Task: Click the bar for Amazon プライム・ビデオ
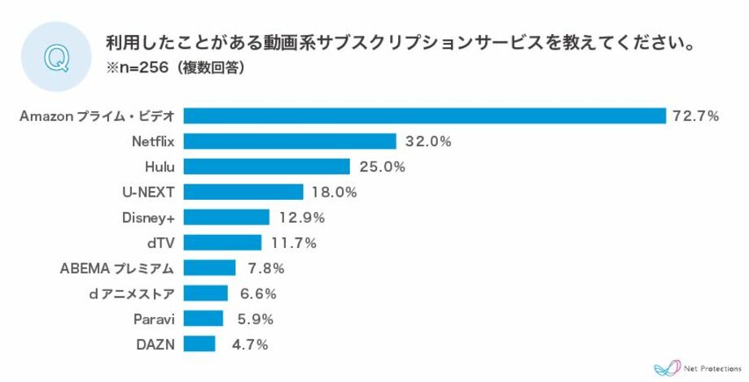(x=424, y=115)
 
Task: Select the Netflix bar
(x=289, y=141)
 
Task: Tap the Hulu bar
(x=266, y=167)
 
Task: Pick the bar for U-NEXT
(x=243, y=192)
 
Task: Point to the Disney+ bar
(x=226, y=217)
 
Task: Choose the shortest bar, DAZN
(x=199, y=344)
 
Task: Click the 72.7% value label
(x=695, y=116)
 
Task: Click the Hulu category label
(x=157, y=167)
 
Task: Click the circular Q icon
(x=55, y=58)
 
